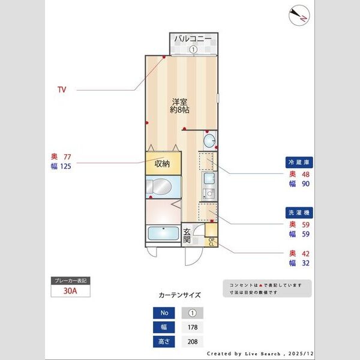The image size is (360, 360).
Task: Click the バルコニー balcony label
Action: click(193, 39)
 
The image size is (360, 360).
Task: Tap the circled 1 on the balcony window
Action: click(193, 50)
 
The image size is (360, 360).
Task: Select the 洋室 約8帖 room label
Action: click(181, 106)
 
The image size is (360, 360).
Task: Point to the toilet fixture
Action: click(161, 187)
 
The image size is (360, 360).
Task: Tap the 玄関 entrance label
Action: click(187, 235)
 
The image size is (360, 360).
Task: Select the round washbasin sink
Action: click(208, 141)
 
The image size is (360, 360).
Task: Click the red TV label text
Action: click(61, 90)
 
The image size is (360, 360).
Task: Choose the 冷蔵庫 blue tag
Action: click(298, 162)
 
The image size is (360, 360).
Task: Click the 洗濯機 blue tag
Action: click(298, 213)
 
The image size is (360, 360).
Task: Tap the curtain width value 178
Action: click(193, 328)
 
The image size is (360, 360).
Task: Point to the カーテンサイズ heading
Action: click(179, 295)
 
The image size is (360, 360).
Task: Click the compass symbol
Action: click(299, 15)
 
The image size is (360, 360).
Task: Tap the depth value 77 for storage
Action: click(67, 157)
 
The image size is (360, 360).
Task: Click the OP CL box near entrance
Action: click(212, 242)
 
